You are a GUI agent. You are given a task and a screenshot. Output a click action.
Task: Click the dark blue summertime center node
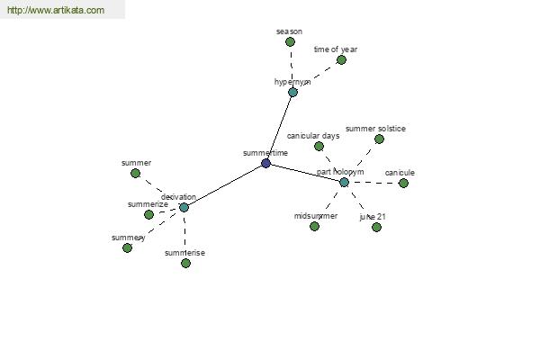coord(265,163)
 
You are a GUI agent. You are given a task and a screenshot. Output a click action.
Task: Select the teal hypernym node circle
coord(292,92)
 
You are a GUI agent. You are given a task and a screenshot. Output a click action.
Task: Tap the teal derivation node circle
coord(184,207)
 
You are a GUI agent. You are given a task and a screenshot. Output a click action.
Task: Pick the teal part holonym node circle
coord(344,182)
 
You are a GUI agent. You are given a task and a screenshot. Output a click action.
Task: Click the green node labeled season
coord(290,41)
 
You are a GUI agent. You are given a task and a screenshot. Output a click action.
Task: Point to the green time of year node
coord(341,59)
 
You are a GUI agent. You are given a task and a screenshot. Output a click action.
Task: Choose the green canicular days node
coord(319,146)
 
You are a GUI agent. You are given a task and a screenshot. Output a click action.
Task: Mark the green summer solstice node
coord(379,139)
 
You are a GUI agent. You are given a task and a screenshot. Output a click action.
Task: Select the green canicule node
coord(403,183)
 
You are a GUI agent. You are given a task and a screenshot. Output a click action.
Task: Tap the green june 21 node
coord(376,227)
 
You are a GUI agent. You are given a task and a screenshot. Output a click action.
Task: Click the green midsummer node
coord(314,226)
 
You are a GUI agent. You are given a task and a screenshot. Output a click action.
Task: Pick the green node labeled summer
coord(135,173)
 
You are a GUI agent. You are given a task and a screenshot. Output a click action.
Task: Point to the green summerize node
coord(148,214)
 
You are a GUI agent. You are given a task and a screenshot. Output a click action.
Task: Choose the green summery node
coord(127,247)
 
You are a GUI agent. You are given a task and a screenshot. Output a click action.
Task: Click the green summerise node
coord(185,263)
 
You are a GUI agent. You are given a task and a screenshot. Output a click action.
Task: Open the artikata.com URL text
coord(55,11)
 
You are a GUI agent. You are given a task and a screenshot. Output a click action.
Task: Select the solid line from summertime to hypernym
coord(279,127)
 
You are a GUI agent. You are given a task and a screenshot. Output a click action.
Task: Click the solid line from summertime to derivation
coord(224,185)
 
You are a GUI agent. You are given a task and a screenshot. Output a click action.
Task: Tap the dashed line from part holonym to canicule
coord(373,183)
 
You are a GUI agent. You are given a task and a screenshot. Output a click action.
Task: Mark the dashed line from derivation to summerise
coord(184,235)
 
